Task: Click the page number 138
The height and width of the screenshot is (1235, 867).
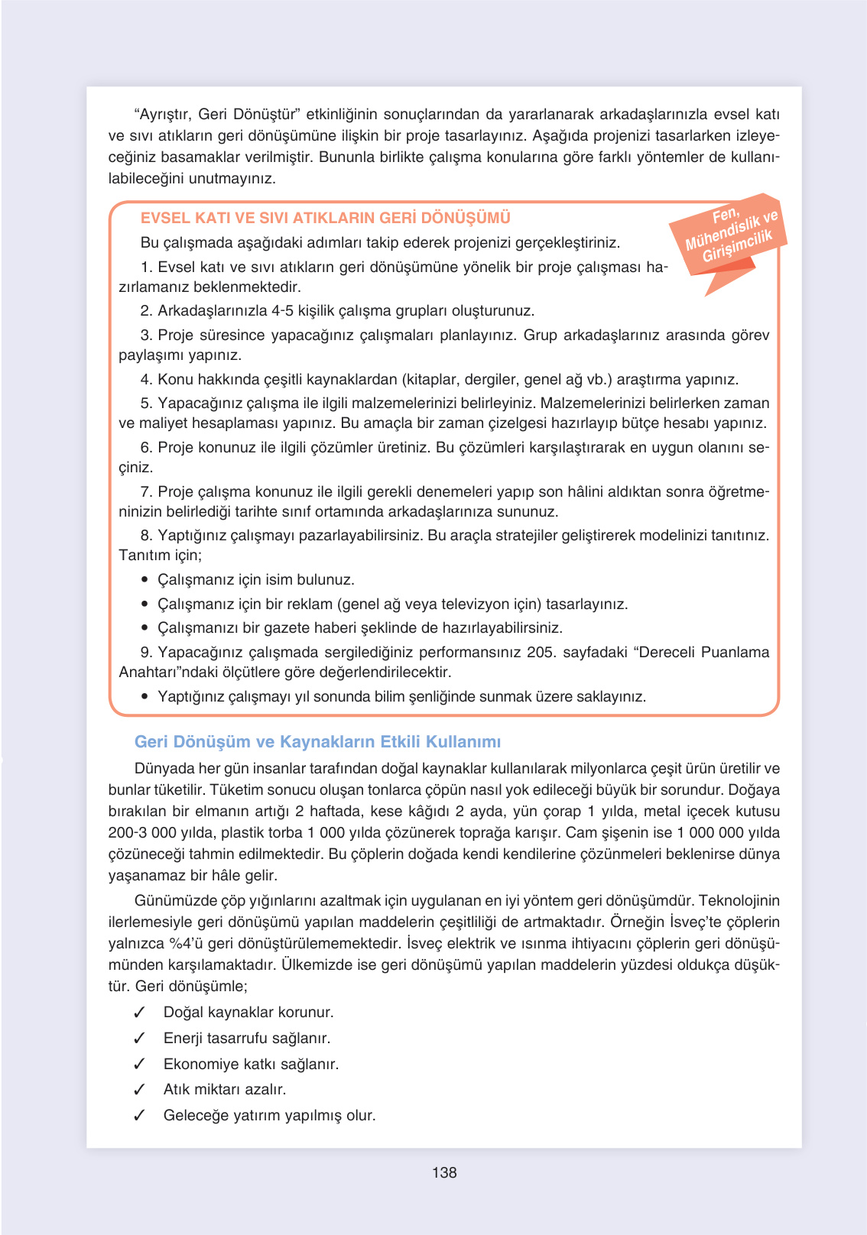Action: click(444, 1172)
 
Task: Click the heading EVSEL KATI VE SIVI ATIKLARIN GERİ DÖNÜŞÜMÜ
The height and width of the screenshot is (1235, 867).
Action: click(325, 218)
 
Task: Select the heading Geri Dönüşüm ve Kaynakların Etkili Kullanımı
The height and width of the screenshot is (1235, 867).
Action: click(317, 741)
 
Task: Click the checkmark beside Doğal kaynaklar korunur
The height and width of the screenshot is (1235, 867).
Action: click(139, 1013)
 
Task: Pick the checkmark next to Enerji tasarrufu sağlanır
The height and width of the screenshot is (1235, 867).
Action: click(139, 1038)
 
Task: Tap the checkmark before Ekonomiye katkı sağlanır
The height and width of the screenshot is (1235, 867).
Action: click(139, 1064)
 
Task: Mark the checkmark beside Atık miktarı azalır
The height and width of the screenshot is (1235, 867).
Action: click(139, 1089)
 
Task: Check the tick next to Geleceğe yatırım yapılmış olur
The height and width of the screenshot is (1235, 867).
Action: click(139, 1115)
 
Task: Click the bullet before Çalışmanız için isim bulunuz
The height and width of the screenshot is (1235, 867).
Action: click(144, 580)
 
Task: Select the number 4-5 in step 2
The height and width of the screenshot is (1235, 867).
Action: click(283, 310)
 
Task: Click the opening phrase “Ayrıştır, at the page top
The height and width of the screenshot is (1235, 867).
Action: click(164, 114)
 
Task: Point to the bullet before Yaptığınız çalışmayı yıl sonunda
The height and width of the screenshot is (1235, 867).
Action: click(144, 697)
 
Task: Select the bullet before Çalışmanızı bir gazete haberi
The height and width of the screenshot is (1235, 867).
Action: click(144, 628)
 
